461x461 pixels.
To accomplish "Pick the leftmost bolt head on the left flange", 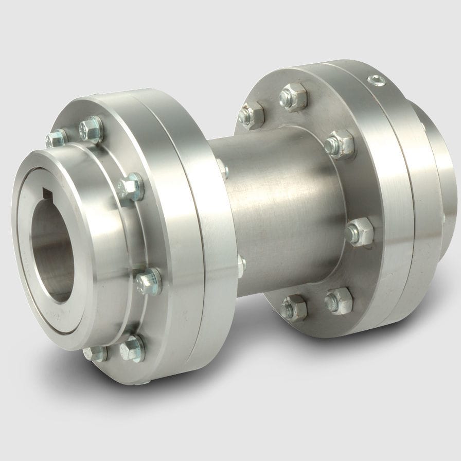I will (56, 137).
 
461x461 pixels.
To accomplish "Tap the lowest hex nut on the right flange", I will (293, 307).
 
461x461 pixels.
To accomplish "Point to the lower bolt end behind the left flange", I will (241, 264).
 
